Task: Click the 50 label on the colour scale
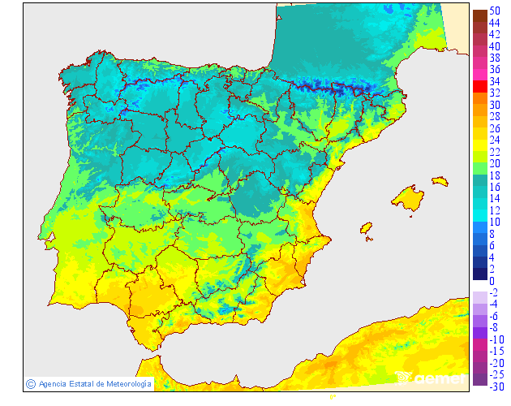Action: coord(494,11)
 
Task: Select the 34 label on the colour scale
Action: coord(494,81)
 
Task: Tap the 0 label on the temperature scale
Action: coord(492,281)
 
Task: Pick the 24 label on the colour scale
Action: coord(494,140)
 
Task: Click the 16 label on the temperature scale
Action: coord(494,187)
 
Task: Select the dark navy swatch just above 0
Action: coord(479,274)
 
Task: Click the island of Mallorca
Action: coord(409,198)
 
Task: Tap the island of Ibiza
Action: coord(366,228)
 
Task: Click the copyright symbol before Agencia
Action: coord(30,383)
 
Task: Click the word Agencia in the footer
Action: coord(52,383)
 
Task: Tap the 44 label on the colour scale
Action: coord(494,23)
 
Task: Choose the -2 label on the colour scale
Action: coord(493,292)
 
